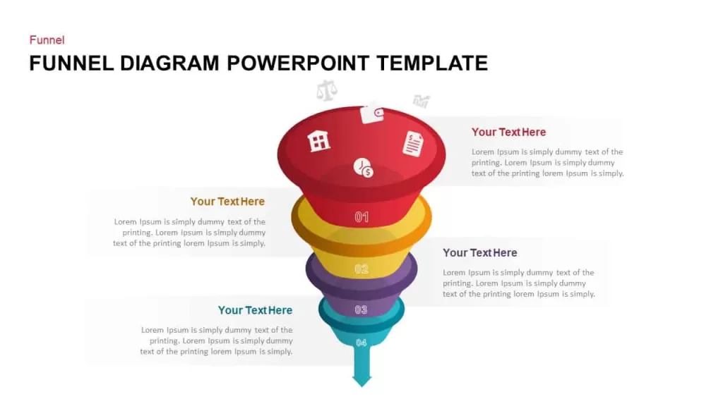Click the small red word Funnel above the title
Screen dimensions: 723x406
(47, 40)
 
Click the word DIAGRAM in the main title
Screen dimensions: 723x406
(169, 63)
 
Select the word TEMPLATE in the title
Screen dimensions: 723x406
(432, 63)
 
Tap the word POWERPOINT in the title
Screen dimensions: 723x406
(298, 63)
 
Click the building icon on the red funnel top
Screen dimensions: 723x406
(319, 140)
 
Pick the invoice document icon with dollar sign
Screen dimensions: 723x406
(413, 144)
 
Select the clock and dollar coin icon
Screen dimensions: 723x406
(364, 168)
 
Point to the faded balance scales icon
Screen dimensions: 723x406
(326, 91)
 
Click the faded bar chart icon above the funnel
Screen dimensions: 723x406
(421, 101)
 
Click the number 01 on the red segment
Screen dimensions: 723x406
(361, 217)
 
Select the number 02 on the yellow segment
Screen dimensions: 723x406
(361, 269)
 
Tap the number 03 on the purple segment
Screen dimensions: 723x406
(361, 310)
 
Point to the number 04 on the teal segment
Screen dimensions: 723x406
(361, 343)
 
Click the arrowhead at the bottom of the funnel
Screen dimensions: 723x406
(362, 381)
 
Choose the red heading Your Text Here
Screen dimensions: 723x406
(508, 132)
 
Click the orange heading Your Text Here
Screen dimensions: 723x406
(227, 202)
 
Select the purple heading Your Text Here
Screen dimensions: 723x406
(480, 253)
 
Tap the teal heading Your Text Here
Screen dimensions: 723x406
(255, 310)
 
